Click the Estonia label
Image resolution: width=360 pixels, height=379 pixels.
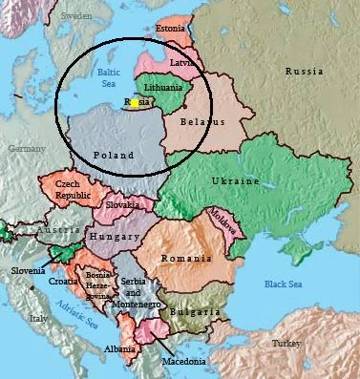(x=169, y=28)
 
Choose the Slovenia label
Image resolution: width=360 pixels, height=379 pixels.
(x=28, y=270)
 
